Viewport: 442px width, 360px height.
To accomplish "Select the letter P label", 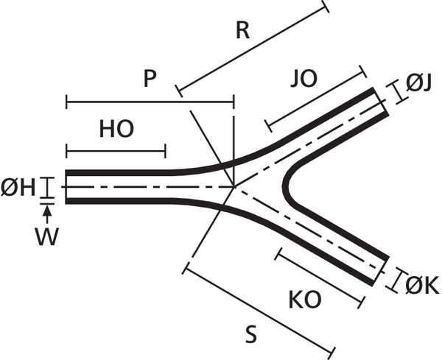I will pos(150,78).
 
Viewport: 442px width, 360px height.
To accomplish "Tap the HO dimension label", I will pos(116,130).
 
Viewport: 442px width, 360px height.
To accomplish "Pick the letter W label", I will pos(46,238).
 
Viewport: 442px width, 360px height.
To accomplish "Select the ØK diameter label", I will pos(421,284).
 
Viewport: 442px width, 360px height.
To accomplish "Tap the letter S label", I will pos(251,335).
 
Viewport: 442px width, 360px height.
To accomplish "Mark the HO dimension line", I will pos(115,152).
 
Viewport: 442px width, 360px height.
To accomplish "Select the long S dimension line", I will pos(259,308).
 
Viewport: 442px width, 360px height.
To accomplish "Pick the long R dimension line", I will pos(252,51).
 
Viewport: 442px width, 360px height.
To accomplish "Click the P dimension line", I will pos(150,100).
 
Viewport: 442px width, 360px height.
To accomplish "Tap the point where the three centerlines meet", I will pos(234,186).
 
